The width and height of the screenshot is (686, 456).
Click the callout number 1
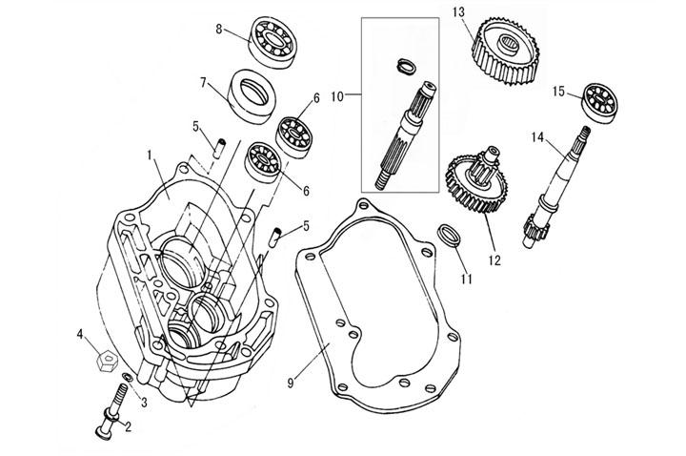pos(150,153)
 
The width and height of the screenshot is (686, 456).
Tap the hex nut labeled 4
pos(106,363)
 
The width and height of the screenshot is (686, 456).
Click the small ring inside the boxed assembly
pos(405,66)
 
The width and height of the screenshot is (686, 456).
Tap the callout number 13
pos(458,11)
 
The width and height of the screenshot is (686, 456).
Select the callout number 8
pos(219,30)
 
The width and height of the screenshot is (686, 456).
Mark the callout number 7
pos(202,82)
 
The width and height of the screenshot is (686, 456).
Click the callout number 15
pos(560,91)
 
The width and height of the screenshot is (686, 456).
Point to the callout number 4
pos(81,334)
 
